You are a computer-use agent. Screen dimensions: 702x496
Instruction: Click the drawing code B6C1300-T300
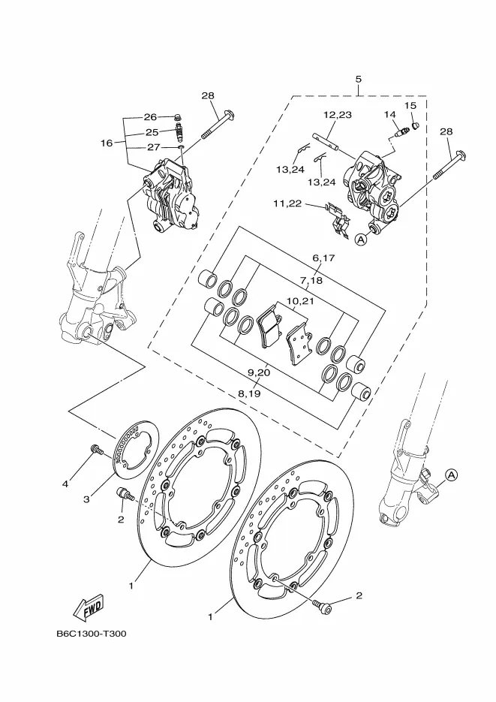pyautogui.click(x=91, y=633)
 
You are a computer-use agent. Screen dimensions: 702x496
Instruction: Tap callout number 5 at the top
pyautogui.click(x=359, y=80)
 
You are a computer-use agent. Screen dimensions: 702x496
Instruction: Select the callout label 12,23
pyautogui.click(x=338, y=115)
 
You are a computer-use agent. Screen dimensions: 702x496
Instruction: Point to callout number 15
pyautogui.click(x=410, y=106)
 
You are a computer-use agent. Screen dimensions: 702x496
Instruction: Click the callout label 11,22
pyautogui.click(x=287, y=203)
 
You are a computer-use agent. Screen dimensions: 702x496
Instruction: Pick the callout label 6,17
pyautogui.click(x=323, y=258)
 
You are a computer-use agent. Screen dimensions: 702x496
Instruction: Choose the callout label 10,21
pyautogui.click(x=299, y=300)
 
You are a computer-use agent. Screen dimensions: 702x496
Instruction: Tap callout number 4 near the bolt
pyautogui.click(x=65, y=484)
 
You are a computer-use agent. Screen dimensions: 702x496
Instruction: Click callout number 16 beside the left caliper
pyautogui.click(x=106, y=142)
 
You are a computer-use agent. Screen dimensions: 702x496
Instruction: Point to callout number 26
pyautogui.click(x=150, y=117)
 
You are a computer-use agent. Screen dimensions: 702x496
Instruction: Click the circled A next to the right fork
pyautogui.click(x=451, y=475)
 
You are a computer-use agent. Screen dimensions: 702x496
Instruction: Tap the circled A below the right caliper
pyautogui.click(x=360, y=240)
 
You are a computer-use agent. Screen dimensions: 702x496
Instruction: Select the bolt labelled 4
pyautogui.click(x=96, y=450)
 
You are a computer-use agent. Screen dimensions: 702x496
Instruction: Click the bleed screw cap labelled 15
pyautogui.click(x=414, y=121)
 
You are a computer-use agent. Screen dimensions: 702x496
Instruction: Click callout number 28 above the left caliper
pyautogui.click(x=208, y=95)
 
